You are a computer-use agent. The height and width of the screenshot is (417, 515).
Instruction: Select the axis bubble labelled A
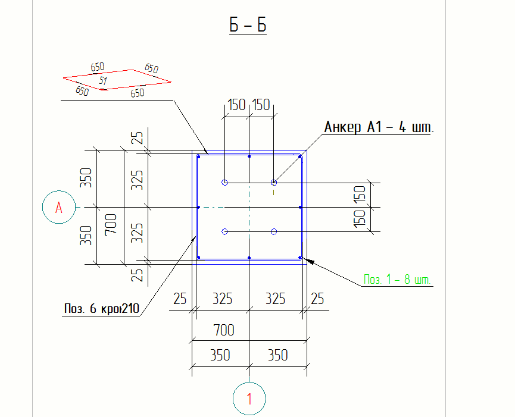[58, 207]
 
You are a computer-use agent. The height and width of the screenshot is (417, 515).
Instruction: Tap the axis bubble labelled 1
[249, 399]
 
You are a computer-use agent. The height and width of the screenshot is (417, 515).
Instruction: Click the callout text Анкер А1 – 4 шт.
[379, 127]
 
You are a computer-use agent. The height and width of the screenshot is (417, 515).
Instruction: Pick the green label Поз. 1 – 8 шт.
[397, 279]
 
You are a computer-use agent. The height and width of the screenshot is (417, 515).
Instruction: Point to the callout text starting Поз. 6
[101, 309]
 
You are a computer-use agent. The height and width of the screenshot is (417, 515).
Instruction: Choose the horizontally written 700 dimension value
[224, 330]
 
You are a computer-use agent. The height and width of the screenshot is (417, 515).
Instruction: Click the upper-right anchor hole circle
[274, 182]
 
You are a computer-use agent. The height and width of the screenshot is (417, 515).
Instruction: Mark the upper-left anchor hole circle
[224, 182]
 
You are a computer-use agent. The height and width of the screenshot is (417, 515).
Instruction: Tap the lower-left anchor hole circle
[224, 231]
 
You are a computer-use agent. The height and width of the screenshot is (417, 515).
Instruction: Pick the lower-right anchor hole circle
[274, 231]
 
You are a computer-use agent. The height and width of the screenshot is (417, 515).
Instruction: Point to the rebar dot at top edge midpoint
[249, 156]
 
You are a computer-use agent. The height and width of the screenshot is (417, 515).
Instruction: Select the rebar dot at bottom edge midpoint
[249, 258]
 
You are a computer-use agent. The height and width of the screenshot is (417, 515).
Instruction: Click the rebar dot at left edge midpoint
[198, 207]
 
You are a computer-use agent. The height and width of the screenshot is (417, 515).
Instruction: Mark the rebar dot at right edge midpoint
[300, 207]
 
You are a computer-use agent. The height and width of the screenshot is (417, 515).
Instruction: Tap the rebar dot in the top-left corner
[199, 156]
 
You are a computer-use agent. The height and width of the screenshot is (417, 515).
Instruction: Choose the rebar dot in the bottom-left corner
[199, 258]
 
